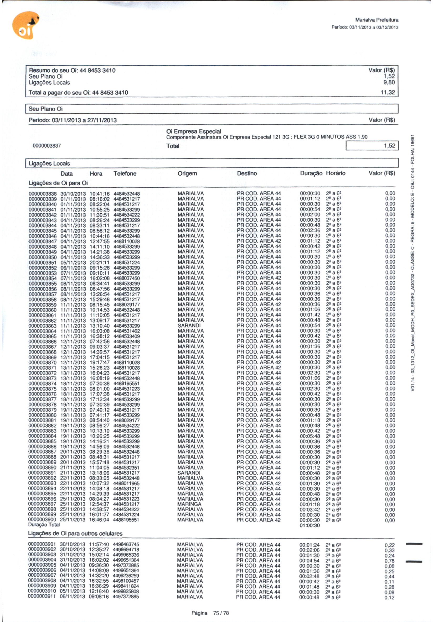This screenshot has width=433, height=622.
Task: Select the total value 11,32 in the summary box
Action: [x=388, y=92]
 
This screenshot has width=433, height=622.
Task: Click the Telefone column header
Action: [x=125, y=174]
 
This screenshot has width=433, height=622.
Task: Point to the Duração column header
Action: [x=311, y=173]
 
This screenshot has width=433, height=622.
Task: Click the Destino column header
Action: [x=247, y=173]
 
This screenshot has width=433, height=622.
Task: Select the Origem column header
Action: [x=187, y=173]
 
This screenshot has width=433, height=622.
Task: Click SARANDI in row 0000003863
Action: [x=189, y=325]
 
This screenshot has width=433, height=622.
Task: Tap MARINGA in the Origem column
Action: [x=189, y=504]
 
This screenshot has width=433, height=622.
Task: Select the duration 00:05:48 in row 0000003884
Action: [x=310, y=436]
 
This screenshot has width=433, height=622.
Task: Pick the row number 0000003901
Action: [x=42, y=545]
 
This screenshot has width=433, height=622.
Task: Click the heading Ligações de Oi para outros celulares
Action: [x=75, y=533]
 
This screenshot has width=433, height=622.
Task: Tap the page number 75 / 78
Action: [x=221, y=613]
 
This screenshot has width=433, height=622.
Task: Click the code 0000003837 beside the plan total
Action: [x=47, y=146]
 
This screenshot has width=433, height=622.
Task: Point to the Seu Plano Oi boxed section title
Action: [x=45, y=109]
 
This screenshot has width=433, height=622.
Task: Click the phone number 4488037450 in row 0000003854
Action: [x=126, y=278]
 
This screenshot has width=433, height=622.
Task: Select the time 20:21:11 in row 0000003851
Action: [x=100, y=262]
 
